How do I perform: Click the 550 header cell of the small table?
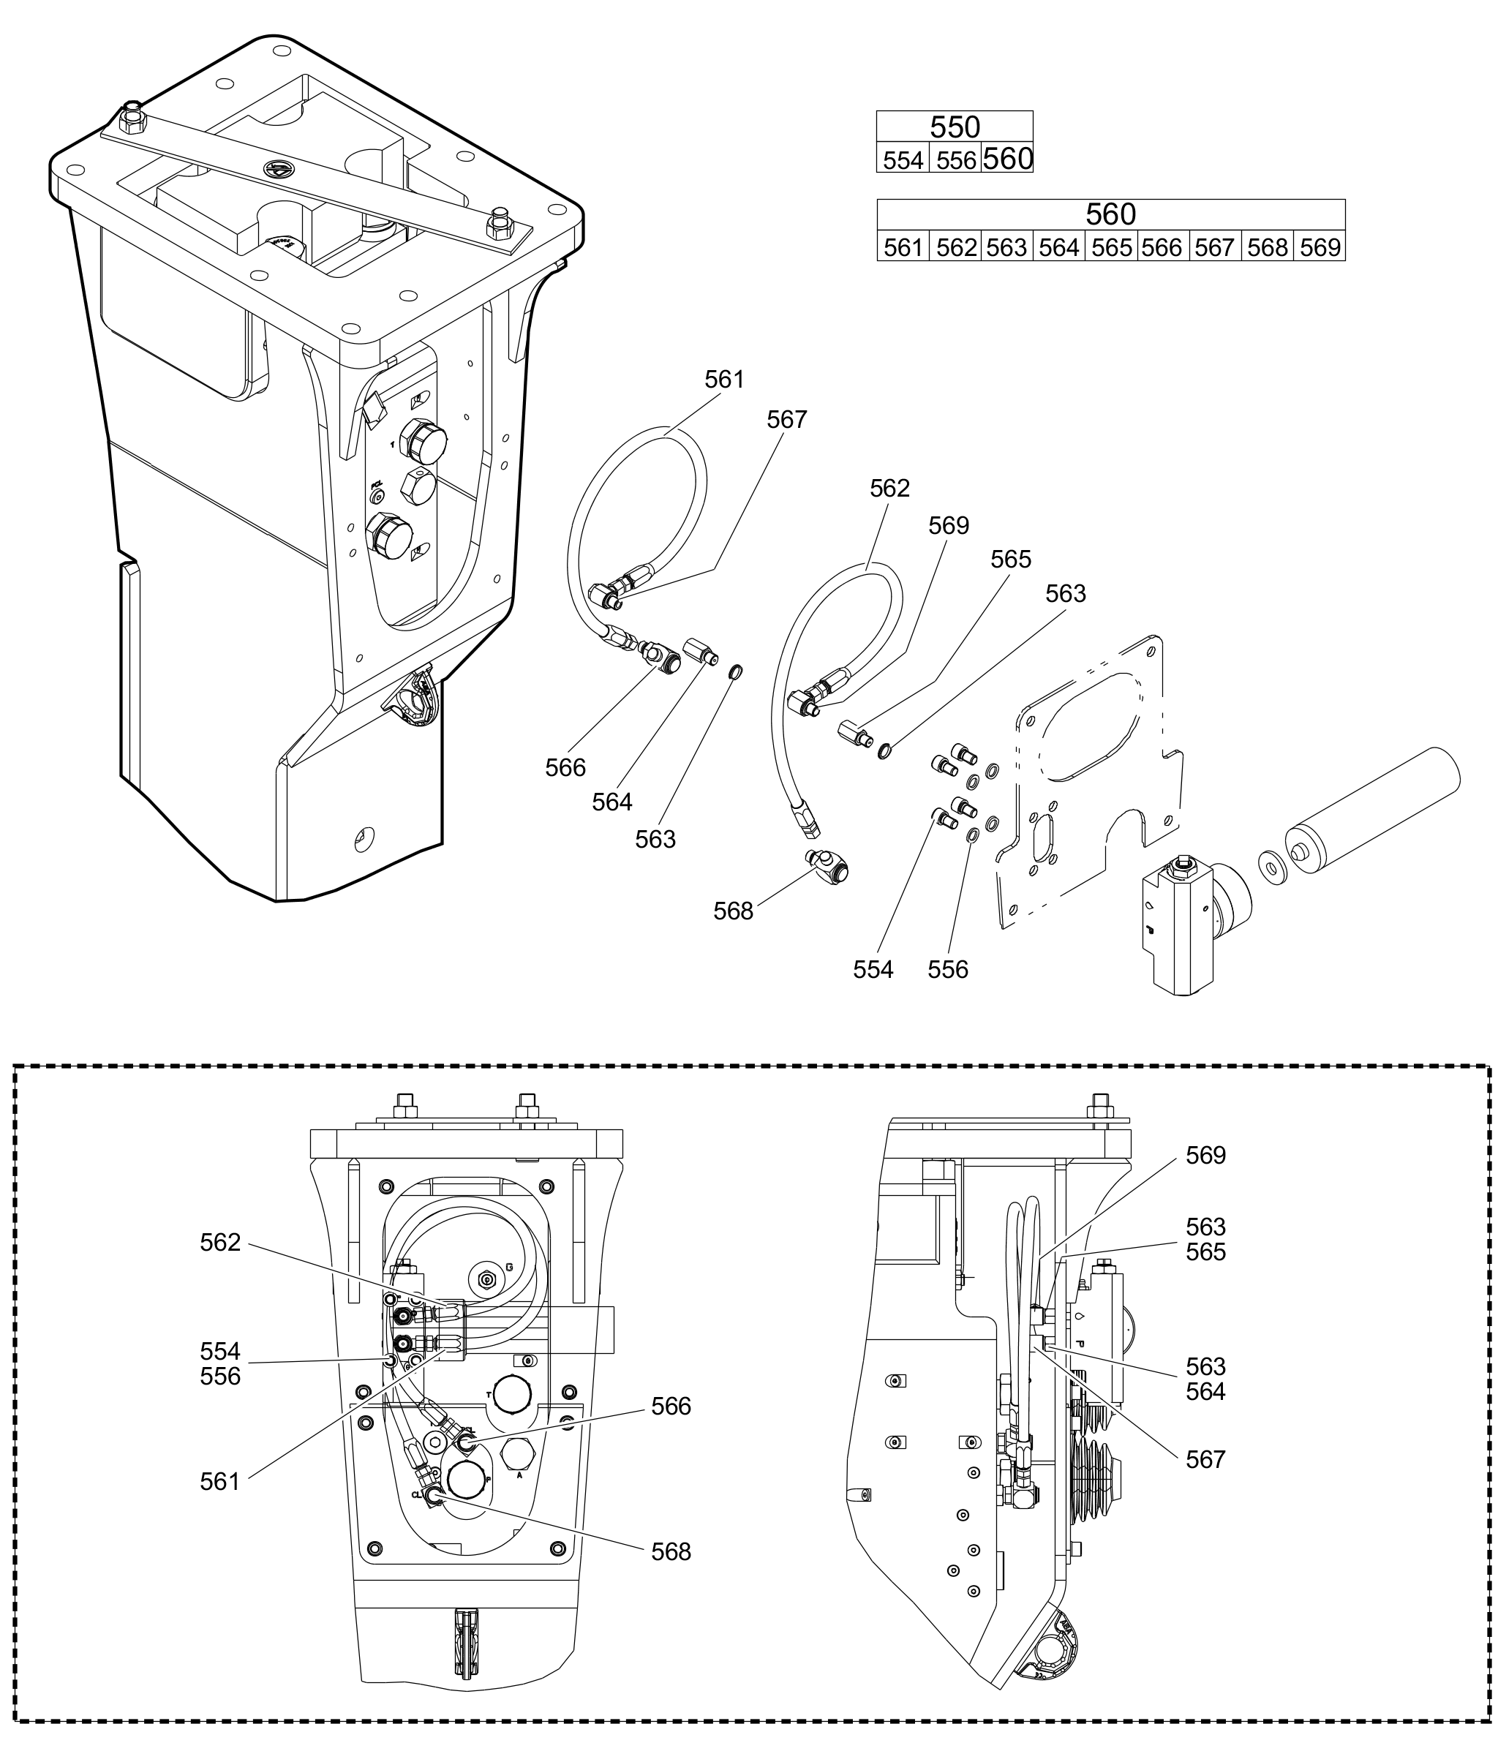tap(955, 127)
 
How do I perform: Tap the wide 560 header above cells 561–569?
tap(1111, 214)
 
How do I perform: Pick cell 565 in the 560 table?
tap(1112, 247)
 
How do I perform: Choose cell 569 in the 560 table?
tap(1320, 247)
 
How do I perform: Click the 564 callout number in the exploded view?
tap(612, 802)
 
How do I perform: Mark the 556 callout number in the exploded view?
tap(948, 969)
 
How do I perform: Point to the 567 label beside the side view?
tap(1206, 1459)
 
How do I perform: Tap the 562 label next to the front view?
tap(221, 1242)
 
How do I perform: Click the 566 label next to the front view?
tap(671, 1407)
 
